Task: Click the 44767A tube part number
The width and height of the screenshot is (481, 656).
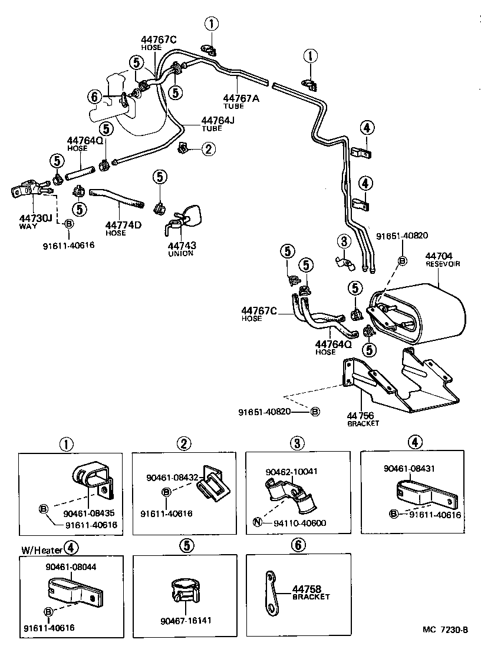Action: pos(241,99)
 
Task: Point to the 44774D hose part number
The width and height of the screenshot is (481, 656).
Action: pos(123,225)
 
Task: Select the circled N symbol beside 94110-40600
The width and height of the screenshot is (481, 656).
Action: pos(258,523)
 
